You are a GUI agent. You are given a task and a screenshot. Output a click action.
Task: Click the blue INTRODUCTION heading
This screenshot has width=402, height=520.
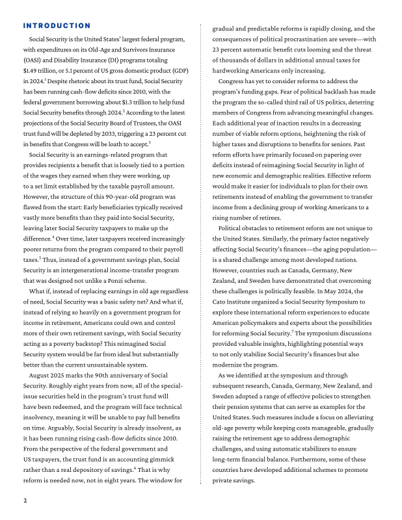click(57, 26)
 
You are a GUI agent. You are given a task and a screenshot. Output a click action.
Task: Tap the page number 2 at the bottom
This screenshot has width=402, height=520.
click(25, 500)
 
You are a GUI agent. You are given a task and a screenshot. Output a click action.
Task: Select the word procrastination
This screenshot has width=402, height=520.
click(303, 39)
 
